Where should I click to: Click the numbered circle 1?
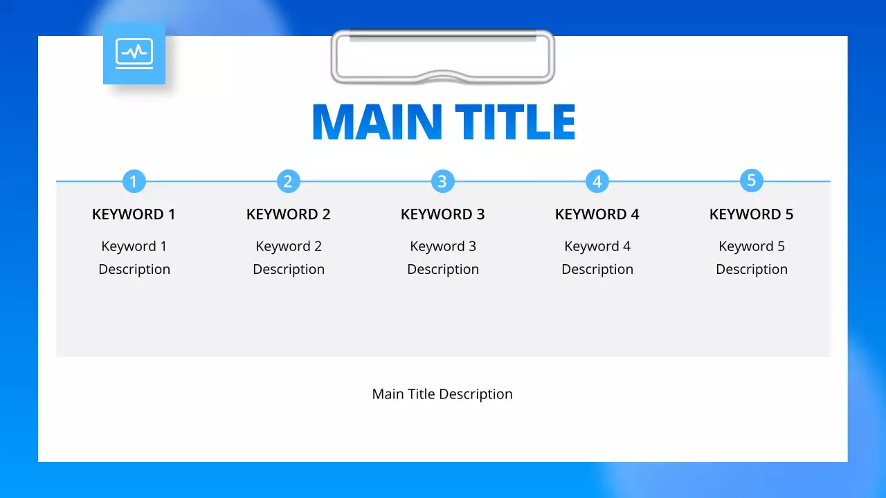[x=134, y=181]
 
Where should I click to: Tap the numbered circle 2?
[x=288, y=181]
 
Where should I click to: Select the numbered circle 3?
[x=442, y=181]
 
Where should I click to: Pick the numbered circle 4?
[x=597, y=181]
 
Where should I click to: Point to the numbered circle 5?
[x=751, y=181]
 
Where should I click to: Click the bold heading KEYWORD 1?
[x=134, y=214]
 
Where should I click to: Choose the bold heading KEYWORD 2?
[x=289, y=214]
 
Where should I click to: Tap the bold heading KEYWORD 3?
[x=443, y=214]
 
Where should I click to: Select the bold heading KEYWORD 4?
[x=597, y=214]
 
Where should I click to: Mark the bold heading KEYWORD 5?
[x=752, y=214]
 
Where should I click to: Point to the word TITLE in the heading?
[x=515, y=122]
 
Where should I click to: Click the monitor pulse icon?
[x=134, y=53]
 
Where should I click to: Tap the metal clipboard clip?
[x=443, y=57]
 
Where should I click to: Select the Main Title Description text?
[x=442, y=394]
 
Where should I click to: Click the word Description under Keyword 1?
[x=134, y=270]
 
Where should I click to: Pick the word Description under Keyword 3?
[x=443, y=270]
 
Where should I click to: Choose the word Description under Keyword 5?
[x=752, y=270]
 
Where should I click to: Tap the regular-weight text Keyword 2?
[x=289, y=246]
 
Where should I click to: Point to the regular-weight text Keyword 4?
[x=597, y=246]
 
